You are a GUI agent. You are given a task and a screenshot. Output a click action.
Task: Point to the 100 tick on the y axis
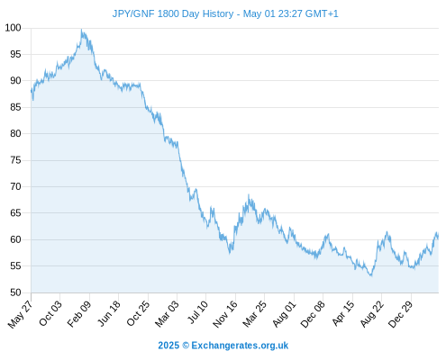tap(14, 28)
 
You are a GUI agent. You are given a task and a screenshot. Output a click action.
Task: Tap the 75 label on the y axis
tap(15, 160)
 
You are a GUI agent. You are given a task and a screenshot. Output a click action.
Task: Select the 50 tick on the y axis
tap(15, 292)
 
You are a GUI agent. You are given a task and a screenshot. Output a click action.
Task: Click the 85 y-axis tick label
tap(15, 107)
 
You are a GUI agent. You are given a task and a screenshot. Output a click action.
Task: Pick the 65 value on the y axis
tap(15, 213)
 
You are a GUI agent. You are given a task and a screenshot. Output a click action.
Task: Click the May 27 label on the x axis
tap(21, 314)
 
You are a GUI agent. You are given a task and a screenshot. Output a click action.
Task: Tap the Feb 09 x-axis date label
tap(79, 314)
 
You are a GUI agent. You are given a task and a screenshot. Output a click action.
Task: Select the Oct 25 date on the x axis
tap(138, 313)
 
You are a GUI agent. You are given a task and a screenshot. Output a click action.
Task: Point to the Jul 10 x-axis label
tap(197, 312)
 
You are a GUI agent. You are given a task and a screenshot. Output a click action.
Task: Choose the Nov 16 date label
tap(225, 314)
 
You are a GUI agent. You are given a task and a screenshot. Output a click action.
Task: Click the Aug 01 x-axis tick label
tap(284, 314)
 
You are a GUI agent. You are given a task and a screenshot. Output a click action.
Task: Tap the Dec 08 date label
tap(313, 314)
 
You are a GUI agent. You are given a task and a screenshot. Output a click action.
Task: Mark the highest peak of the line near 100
tap(81, 30)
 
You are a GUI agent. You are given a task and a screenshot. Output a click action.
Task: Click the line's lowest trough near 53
tap(371, 275)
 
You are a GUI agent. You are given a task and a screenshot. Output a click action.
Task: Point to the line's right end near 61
tap(438, 237)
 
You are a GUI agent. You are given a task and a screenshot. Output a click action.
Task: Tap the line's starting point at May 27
tap(32, 90)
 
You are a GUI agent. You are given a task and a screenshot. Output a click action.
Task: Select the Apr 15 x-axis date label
tap(343, 313)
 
